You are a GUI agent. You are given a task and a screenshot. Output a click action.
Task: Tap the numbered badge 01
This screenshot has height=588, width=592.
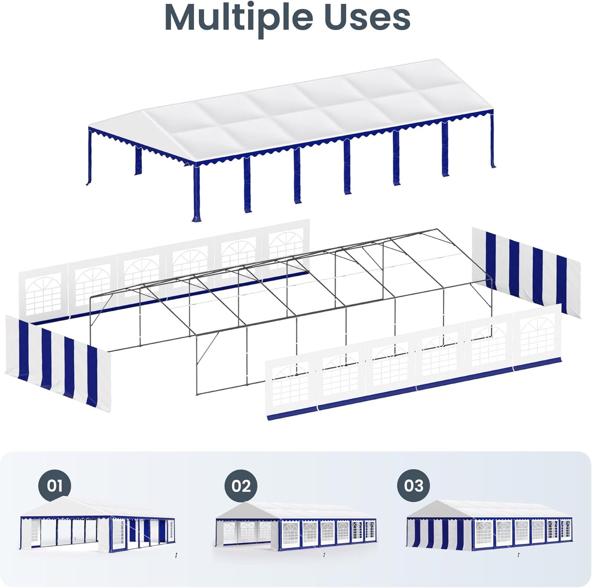(54, 486)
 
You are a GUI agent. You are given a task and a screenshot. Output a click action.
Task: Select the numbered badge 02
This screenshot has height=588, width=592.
(241, 486)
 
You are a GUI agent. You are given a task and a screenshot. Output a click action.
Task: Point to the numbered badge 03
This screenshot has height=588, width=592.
(413, 486)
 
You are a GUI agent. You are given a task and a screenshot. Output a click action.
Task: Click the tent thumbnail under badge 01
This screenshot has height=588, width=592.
(97, 527)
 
